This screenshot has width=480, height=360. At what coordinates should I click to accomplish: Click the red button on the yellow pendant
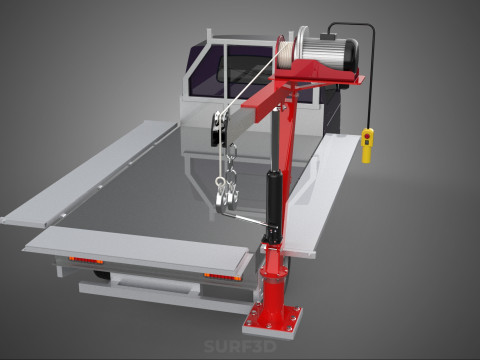tap(367, 136)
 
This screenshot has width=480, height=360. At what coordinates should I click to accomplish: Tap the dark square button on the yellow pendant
tap(367, 142)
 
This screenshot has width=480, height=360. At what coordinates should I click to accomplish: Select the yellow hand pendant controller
tap(367, 146)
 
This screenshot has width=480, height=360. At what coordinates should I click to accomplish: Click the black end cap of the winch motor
tap(351, 54)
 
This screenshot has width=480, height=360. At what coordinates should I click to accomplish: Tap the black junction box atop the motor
tap(329, 36)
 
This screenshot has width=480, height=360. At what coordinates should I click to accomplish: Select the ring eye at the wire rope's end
tap(220, 182)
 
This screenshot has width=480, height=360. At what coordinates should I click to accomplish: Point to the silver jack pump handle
tap(248, 220)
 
